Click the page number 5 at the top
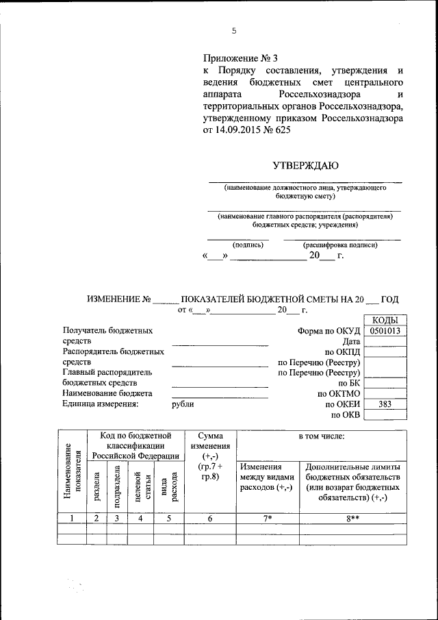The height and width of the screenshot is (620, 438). click(x=233, y=31)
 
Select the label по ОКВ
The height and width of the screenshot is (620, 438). click(x=345, y=415)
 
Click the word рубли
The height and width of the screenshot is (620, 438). click(x=183, y=404)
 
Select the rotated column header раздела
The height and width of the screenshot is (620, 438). click(x=96, y=488)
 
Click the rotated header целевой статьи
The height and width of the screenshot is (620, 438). click(x=141, y=488)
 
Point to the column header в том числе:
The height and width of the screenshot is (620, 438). click(x=322, y=436)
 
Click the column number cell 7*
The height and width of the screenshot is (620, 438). click(x=268, y=519)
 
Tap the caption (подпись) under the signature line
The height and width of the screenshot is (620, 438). click(x=248, y=244)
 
